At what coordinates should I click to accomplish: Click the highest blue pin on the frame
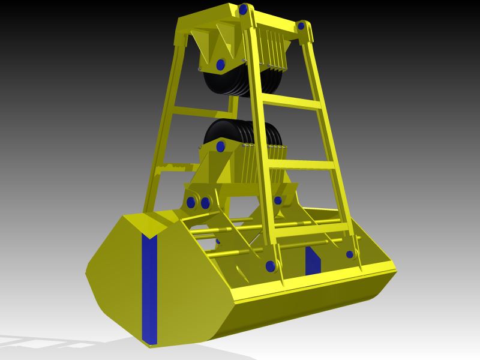click(242, 10)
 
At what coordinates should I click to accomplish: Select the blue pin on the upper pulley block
click(220, 64)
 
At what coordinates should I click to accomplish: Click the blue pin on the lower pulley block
click(220, 145)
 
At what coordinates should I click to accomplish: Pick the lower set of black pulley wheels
click(240, 132)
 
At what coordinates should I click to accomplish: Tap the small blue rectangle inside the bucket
click(313, 259)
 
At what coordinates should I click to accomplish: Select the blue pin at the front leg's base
click(269, 265)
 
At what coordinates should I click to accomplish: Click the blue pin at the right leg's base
click(350, 254)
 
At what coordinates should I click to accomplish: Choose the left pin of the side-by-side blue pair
click(192, 203)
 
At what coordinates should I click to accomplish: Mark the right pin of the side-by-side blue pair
click(206, 203)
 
